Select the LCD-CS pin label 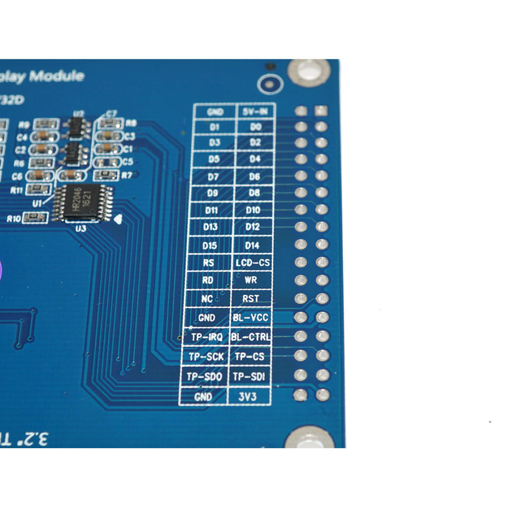[x=253, y=263]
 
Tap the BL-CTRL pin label [x=251, y=337]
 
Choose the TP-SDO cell [x=204, y=376]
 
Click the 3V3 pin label [x=250, y=397]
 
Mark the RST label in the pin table [x=251, y=298]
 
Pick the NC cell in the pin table [x=207, y=299]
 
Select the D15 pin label [x=210, y=245]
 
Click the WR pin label [x=251, y=280]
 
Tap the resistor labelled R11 [x=38, y=188]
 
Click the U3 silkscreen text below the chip [x=81, y=229]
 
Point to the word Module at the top [x=57, y=76]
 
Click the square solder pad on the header [x=321, y=111]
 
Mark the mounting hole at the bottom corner [x=309, y=439]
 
